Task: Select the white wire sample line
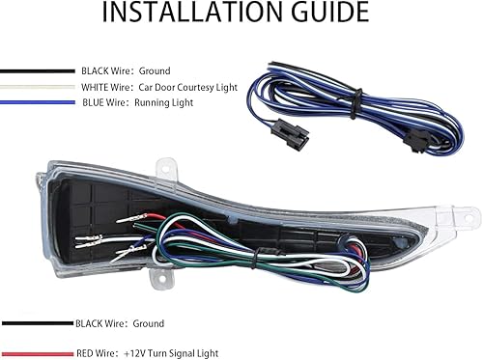(x=37, y=86)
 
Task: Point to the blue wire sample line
(x=37, y=101)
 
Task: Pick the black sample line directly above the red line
(x=37, y=324)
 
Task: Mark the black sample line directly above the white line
(x=37, y=70)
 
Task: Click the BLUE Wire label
(x=103, y=101)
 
